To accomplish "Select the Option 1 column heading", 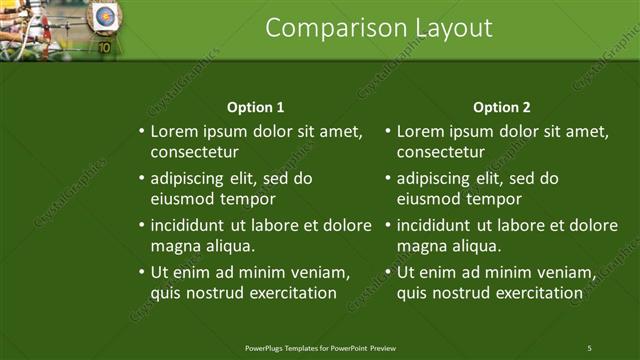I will pyautogui.click(x=256, y=107).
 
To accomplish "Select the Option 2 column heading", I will pyautogui.click(x=502, y=107).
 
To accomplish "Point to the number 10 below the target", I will pyautogui.click(x=104, y=45).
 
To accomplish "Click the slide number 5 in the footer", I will pyautogui.click(x=590, y=347).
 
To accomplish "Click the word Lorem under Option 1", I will pyautogui.click(x=174, y=131).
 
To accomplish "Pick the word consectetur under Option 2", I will pyautogui.click(x=441, y=153).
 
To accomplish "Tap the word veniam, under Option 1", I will pyautogui.click(x=314, y=271).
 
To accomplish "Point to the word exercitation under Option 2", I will pyautogui.click(x=533, y=293).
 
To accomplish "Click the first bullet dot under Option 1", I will pyautogui.click(x=141, y=131).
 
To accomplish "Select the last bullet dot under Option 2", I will pyautogui.click(x=388, y=271).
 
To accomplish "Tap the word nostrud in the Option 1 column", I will pyautogui.click(x=215, y=293).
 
